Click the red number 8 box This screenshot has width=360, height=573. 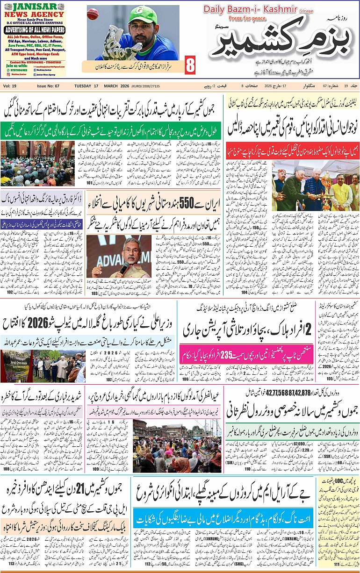190,65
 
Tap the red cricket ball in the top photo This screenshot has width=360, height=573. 93,14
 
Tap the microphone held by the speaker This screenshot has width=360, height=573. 125,267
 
